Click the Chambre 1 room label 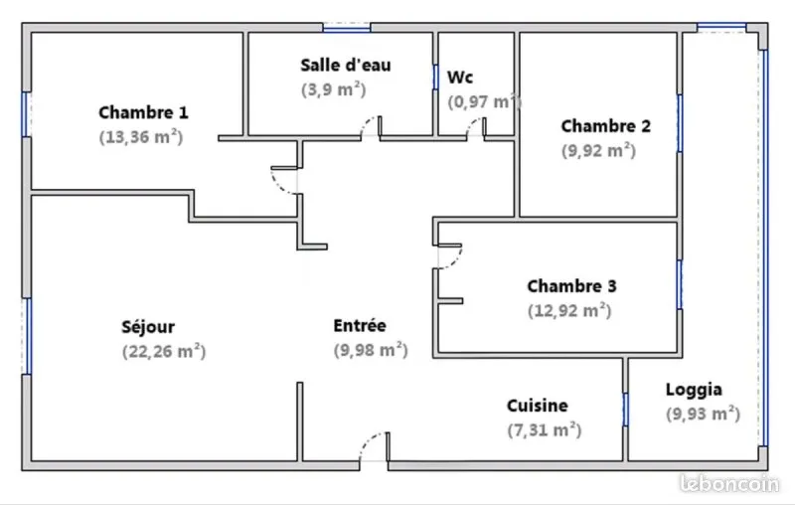click(x=143, y=112)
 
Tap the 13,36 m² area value click(x=141, y=137)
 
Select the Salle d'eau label click(x=346, y=65)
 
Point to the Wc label click(x=460, y=78)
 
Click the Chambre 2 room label click(x=606, y=125)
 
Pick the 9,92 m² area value click(x=598, y=150)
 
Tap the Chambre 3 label click(x=572, y=286)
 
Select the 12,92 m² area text click(x=569, y=310)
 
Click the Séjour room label click(x=148, y=327)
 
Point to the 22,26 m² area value click(x=164, y=351)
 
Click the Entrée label click(x=360, y=325)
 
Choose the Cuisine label click(x=538, y=406)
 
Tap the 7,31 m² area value click(x=544, y=430)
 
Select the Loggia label click(x=694, y=390)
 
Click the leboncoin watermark click(x=729, y=483)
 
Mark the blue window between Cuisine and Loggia click(x=625, y=410)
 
